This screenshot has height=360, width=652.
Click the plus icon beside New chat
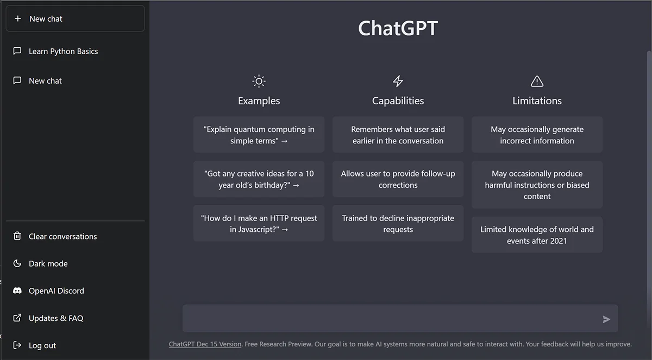click(x=18, y=18)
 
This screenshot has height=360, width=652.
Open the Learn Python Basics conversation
click(x=63, y=52)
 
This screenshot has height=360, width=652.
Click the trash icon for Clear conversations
click(x=17, y=236)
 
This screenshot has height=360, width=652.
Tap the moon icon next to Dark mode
click(x=17, y=263)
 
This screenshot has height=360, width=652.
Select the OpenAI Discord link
click(x=56, y=291)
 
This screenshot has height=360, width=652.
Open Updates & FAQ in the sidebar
click(x=56, y=318)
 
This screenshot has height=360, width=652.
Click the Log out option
click(x=42, y=345)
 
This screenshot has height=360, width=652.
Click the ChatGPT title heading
click(x=398, y=28)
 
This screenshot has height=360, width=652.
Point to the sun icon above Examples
click(x=259, y=81)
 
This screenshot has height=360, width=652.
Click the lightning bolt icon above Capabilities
click(x=398, y=81)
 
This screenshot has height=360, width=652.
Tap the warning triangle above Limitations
click(x=537, y=81)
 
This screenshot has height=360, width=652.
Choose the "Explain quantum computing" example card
click(x=259, y=135)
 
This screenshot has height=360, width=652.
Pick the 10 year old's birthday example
click(x=259, y=179)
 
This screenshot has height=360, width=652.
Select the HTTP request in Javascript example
click(x=259, y=223)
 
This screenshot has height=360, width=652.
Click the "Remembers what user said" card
click(x=398, y=135)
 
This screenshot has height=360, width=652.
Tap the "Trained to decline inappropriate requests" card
click(x=398, y=223)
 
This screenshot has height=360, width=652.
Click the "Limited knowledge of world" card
click(x=537, y=235)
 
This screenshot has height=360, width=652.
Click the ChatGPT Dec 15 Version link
click(x=205, y=344)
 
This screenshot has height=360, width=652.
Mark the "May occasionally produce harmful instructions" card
click(x=537, y=185)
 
